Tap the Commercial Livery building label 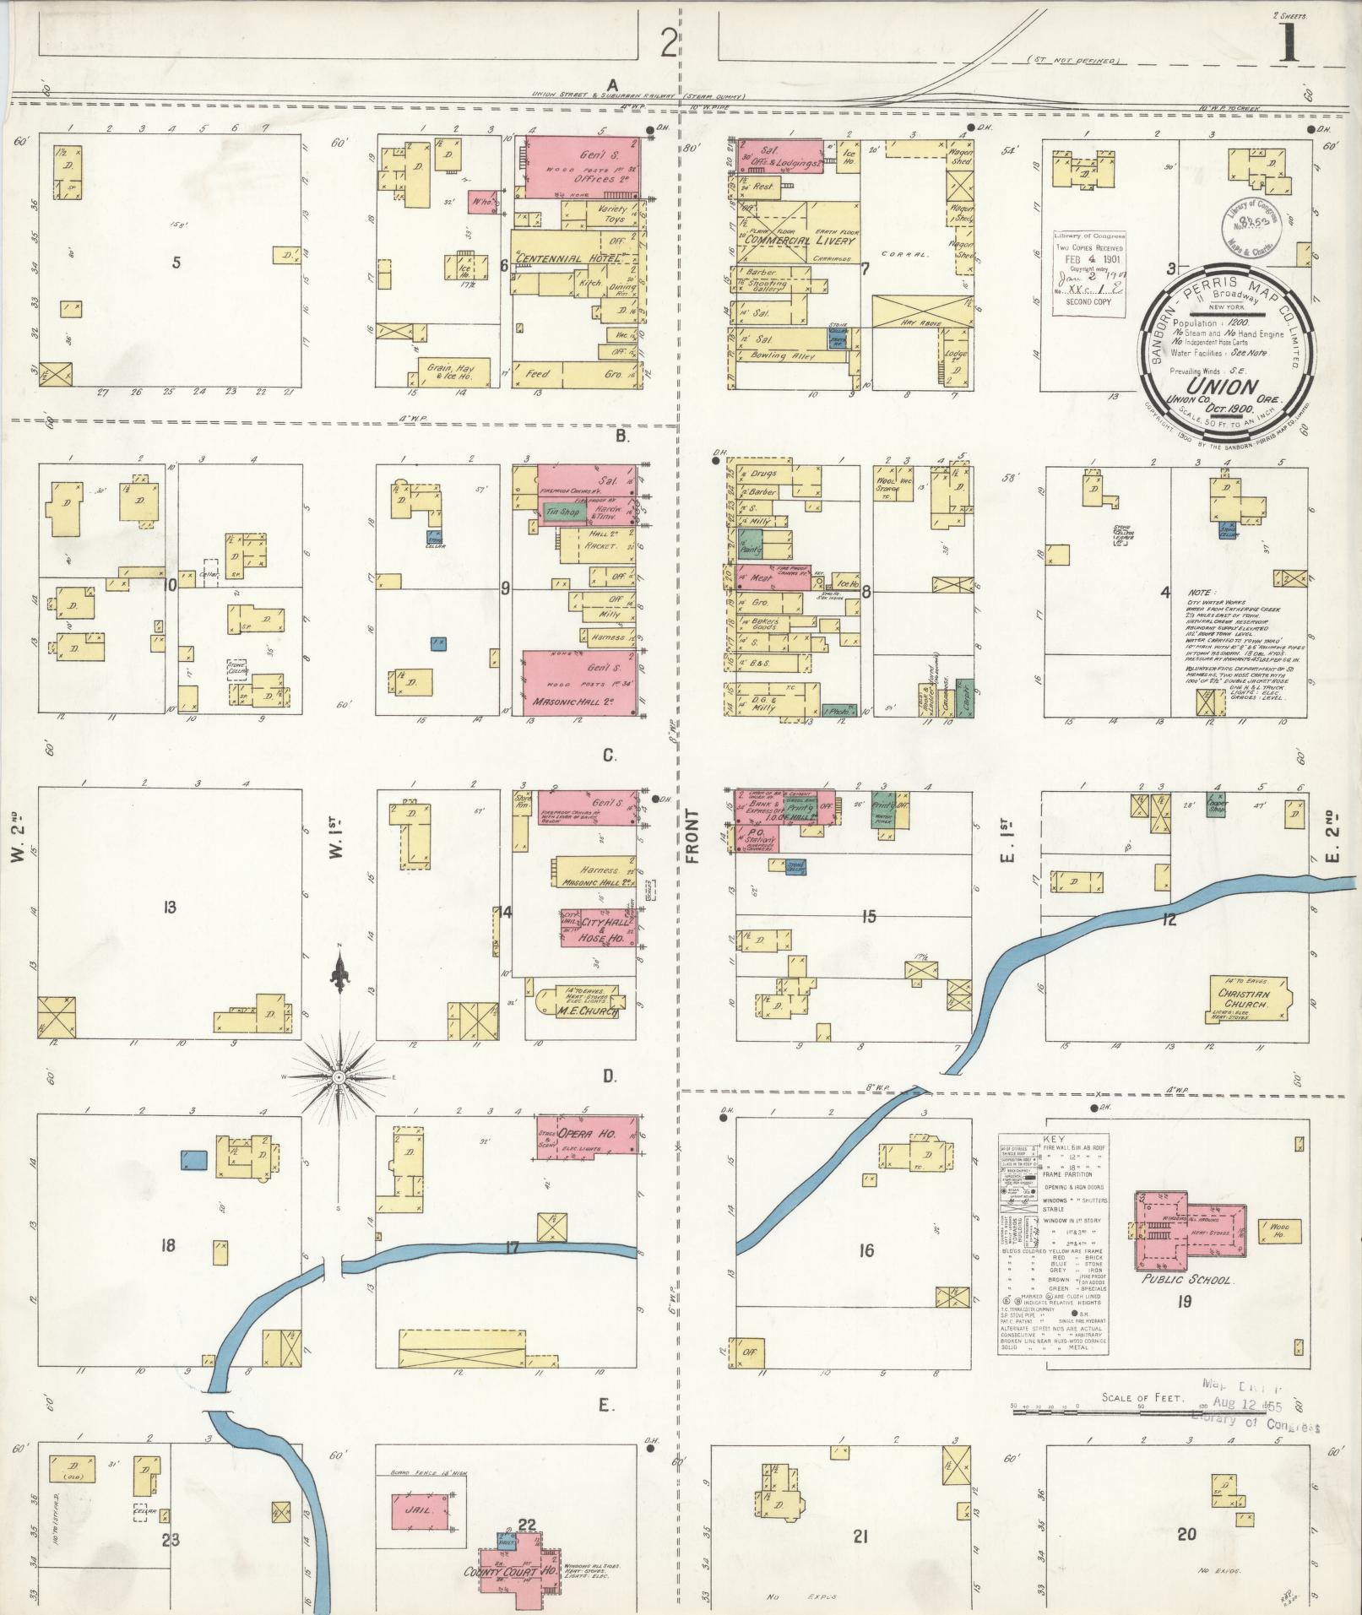point(799,240)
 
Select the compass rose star point(338,1078)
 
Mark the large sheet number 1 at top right point(1290,42)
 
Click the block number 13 point(170,907)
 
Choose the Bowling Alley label point(778,356)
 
